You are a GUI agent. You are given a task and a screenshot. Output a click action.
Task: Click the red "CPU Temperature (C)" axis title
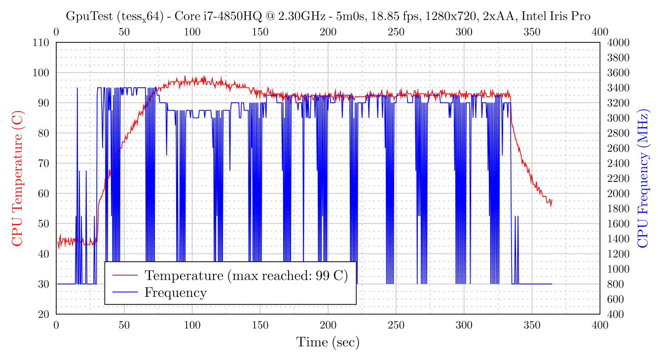17,179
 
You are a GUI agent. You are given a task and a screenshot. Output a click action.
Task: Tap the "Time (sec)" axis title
328,342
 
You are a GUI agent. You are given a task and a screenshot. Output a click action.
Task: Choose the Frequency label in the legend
175,292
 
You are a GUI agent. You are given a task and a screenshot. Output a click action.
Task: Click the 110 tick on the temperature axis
41,42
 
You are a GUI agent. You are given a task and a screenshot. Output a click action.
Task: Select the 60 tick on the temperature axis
44,193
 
